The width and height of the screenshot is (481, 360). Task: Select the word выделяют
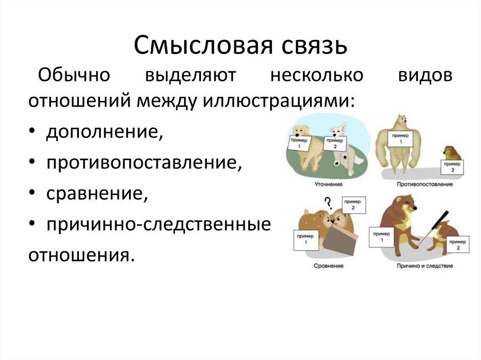point(190,77)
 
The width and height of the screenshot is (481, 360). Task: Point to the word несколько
point(317,77)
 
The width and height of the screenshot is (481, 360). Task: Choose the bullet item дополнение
point(105,132)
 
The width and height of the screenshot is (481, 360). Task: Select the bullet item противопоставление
point(144,163)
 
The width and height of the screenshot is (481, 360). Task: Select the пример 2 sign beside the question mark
point(355,205)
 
